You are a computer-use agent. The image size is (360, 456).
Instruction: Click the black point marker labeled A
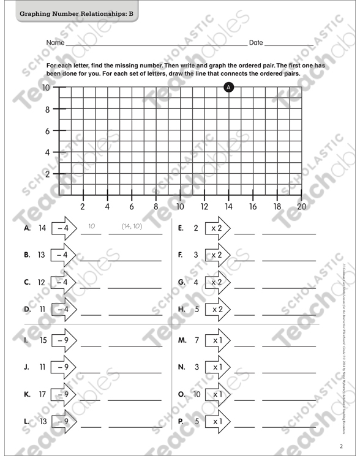(229, 88)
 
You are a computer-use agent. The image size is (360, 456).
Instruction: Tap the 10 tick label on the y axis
(47, 88)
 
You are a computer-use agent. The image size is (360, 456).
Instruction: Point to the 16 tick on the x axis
(253, 206)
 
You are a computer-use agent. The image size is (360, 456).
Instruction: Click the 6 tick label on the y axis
(47, 131)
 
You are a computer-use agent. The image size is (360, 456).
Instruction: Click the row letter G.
(181, 282)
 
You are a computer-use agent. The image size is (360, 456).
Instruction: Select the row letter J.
(26, 367)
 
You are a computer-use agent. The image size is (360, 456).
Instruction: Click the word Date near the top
(256, 43)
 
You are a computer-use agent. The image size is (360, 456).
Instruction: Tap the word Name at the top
(55, 43)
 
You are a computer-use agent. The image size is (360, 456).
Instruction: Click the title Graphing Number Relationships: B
(76, 13)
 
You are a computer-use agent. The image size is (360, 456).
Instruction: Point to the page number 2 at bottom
(340, 445)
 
